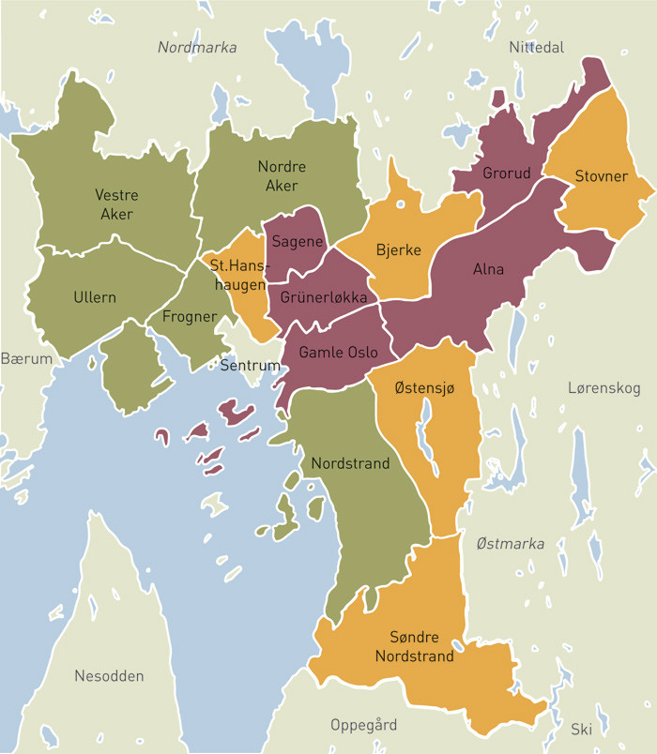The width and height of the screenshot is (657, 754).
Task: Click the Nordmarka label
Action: pos(197,47)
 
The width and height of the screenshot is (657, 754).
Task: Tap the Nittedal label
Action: pos(536,47)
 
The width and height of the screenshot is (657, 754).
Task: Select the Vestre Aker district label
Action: pos(116,204)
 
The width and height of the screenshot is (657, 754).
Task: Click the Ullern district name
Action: pos(95,297)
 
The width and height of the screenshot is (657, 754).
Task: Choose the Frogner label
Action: pos(190,316)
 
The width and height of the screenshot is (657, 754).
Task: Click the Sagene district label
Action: pos(298,242)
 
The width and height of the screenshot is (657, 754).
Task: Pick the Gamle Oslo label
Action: pos(338,353)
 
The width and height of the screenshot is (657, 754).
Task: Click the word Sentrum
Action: pos(250,365)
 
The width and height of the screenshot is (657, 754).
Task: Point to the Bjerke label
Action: pos(398,250)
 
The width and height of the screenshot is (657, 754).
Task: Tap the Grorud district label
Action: pos(507,173)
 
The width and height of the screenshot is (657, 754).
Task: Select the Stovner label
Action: pos(601,175)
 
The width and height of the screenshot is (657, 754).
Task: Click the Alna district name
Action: pos(488,269)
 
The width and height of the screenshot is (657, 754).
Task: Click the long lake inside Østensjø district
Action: pos(425,427)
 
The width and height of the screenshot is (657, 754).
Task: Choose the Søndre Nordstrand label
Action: pos(415,646)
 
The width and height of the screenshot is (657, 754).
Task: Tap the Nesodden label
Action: pos(110,675)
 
